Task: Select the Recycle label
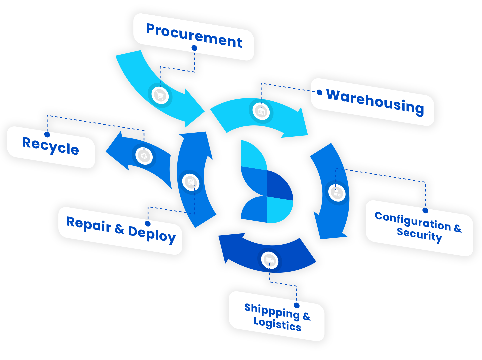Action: point(51,146)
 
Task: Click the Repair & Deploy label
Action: point(121,229)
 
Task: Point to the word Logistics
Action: point(277,324)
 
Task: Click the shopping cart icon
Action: point(160,95)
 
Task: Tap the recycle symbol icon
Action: point(144,156)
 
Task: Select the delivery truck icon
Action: point(270,260)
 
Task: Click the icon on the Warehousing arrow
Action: point(261,111)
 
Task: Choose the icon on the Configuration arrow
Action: point(337,192)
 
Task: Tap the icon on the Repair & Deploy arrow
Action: point(191,182)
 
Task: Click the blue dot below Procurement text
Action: point(194,48)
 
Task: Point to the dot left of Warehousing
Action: point(319,92)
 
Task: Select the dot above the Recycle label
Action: point(47,134)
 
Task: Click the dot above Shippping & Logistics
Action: point(297,305)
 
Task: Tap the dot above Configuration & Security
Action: point(425,210)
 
